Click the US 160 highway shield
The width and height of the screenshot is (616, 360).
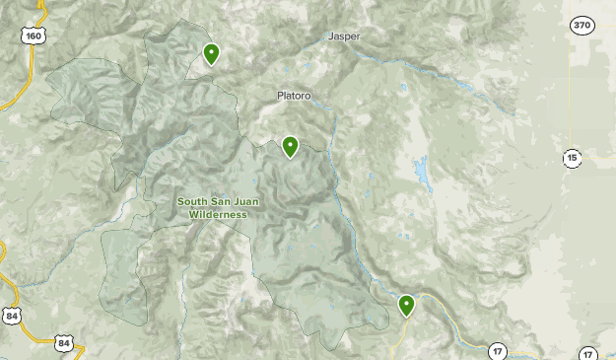point(34,36)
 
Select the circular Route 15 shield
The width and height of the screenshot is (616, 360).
point(573,158)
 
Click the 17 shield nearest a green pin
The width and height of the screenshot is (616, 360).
point(498,350)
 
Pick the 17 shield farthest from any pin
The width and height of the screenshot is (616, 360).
point(588,353)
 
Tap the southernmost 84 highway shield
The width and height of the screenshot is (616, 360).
point(64,344)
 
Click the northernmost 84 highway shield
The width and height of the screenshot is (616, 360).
point(11,316)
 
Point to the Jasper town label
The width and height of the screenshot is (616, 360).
point(344,36)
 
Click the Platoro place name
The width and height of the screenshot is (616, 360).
point(293,96)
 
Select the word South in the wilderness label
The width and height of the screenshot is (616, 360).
point(193,202)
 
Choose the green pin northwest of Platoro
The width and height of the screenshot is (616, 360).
point(211,53)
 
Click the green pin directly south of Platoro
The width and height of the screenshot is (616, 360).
point(291,148)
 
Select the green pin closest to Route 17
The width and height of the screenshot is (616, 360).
point(406,306)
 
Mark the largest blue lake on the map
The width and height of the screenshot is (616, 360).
point(423,174)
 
